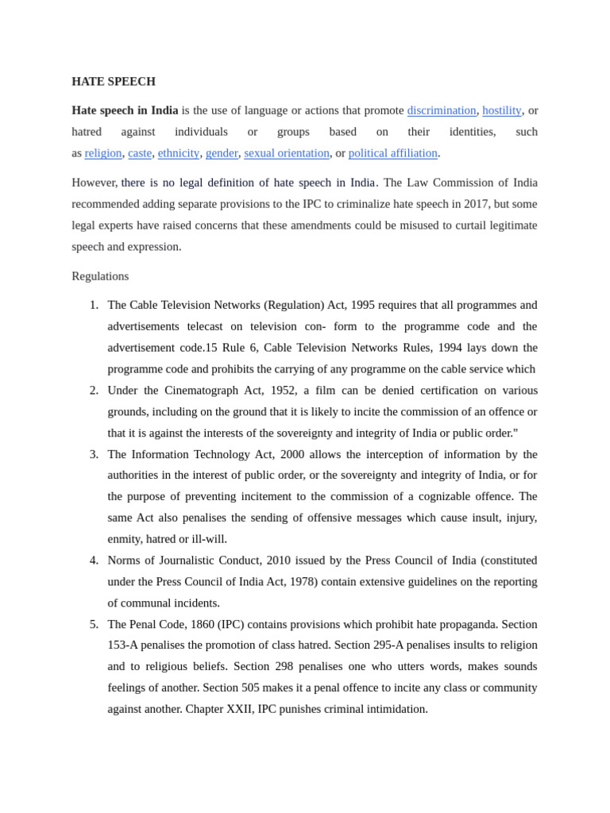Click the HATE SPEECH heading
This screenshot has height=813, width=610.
[x=114, y=81]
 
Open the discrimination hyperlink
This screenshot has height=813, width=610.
[x=441, y=110]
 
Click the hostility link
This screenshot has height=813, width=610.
[x=501, y=110]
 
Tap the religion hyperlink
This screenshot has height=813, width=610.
[x=103, y=152]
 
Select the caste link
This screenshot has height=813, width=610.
[x=140, y=152]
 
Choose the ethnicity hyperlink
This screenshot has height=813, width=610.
[x=179, y=152]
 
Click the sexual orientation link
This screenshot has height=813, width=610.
[x=286, y=152]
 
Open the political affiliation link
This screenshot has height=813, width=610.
[x=392, y=152]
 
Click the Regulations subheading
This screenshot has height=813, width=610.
[x=100, y=276]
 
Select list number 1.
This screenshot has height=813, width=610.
[x=94, y=305]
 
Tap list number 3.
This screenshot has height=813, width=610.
[x=94, y=454]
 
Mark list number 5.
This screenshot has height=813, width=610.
[x=94, y=624]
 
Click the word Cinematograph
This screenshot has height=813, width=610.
[x=202, y=390]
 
